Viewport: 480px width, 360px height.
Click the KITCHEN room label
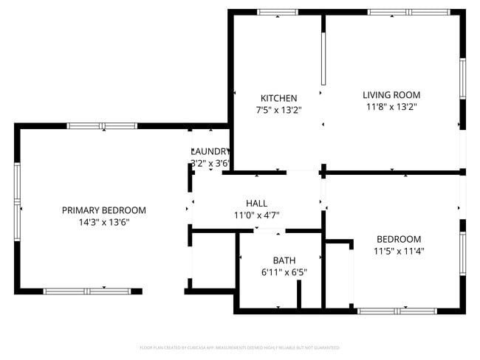pyautogui.click(x=278, y=98)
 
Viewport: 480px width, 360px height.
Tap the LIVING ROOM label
pyautogui.click(x=391, y=94)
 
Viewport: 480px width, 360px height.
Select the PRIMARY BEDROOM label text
pyautogui.click(x=103, y=210)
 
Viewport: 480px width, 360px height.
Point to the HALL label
pyautogui.click(x=256, y=203)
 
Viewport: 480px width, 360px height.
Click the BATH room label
pyautogui.click(x=284, y=260)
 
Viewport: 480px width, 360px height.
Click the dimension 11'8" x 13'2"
pyautogui.click(x=391, y=107)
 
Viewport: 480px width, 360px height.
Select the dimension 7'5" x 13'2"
pyautogui.click(x=278, y=110)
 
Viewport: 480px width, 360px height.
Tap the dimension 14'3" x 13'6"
pyautogui.click(x=103, y=222)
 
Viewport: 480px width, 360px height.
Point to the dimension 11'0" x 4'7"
pyautogui.click(x=256, y=215)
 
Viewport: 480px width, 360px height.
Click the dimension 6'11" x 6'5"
pyautogui.click(x=284, y=272)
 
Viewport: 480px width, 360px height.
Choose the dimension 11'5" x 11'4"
pyautogui.click(x=399, y=251)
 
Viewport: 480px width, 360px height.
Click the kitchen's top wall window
pyautogui.click(x=277, y=12)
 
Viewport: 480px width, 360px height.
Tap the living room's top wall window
pyautogui.click(x=408, y=12)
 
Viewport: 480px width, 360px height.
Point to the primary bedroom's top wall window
pyautogui.click(x=102, y=126)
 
